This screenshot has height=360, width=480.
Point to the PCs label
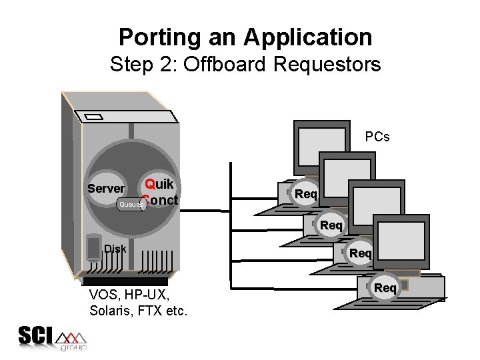click(x=377, y=137)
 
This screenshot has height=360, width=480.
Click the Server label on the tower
click(x=106, y=189)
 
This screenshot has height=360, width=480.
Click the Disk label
click(x=115, y=249)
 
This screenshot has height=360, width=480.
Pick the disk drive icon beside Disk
click(x=93, y=247)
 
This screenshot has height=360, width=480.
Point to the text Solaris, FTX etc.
click(x=138, y=311)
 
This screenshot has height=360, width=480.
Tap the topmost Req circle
click(x=306, y=194)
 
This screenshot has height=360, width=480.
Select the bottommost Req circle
click(x=385, y=287)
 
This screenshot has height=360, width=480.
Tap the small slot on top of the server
click(x=95, y=118)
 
